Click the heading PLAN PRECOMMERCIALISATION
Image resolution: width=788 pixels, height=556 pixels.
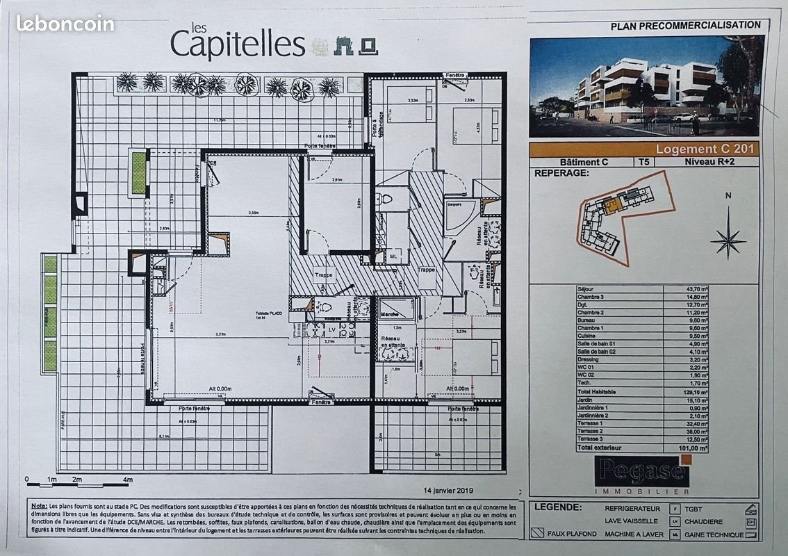point(685,25)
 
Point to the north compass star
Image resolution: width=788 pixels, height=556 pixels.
point(728,240)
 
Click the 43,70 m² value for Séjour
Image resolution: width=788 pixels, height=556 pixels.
point(694,288)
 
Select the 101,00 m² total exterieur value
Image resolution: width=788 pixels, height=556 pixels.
point(694,449)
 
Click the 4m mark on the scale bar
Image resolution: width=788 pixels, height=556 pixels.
point(127,480)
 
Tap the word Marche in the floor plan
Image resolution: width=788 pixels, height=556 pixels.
point(389,314)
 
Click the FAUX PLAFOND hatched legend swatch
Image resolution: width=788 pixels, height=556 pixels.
point(538,534)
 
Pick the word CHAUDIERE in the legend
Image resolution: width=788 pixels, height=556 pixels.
point(703,521)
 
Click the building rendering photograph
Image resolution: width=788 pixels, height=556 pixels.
point(646,86)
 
